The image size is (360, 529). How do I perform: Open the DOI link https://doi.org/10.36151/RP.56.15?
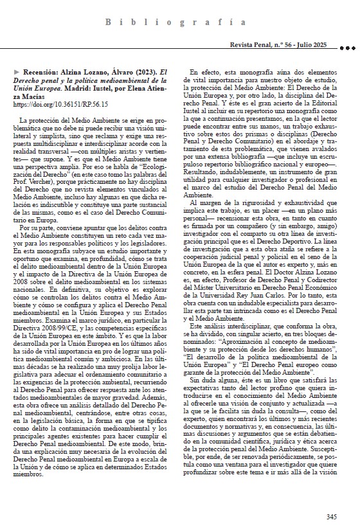60,103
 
